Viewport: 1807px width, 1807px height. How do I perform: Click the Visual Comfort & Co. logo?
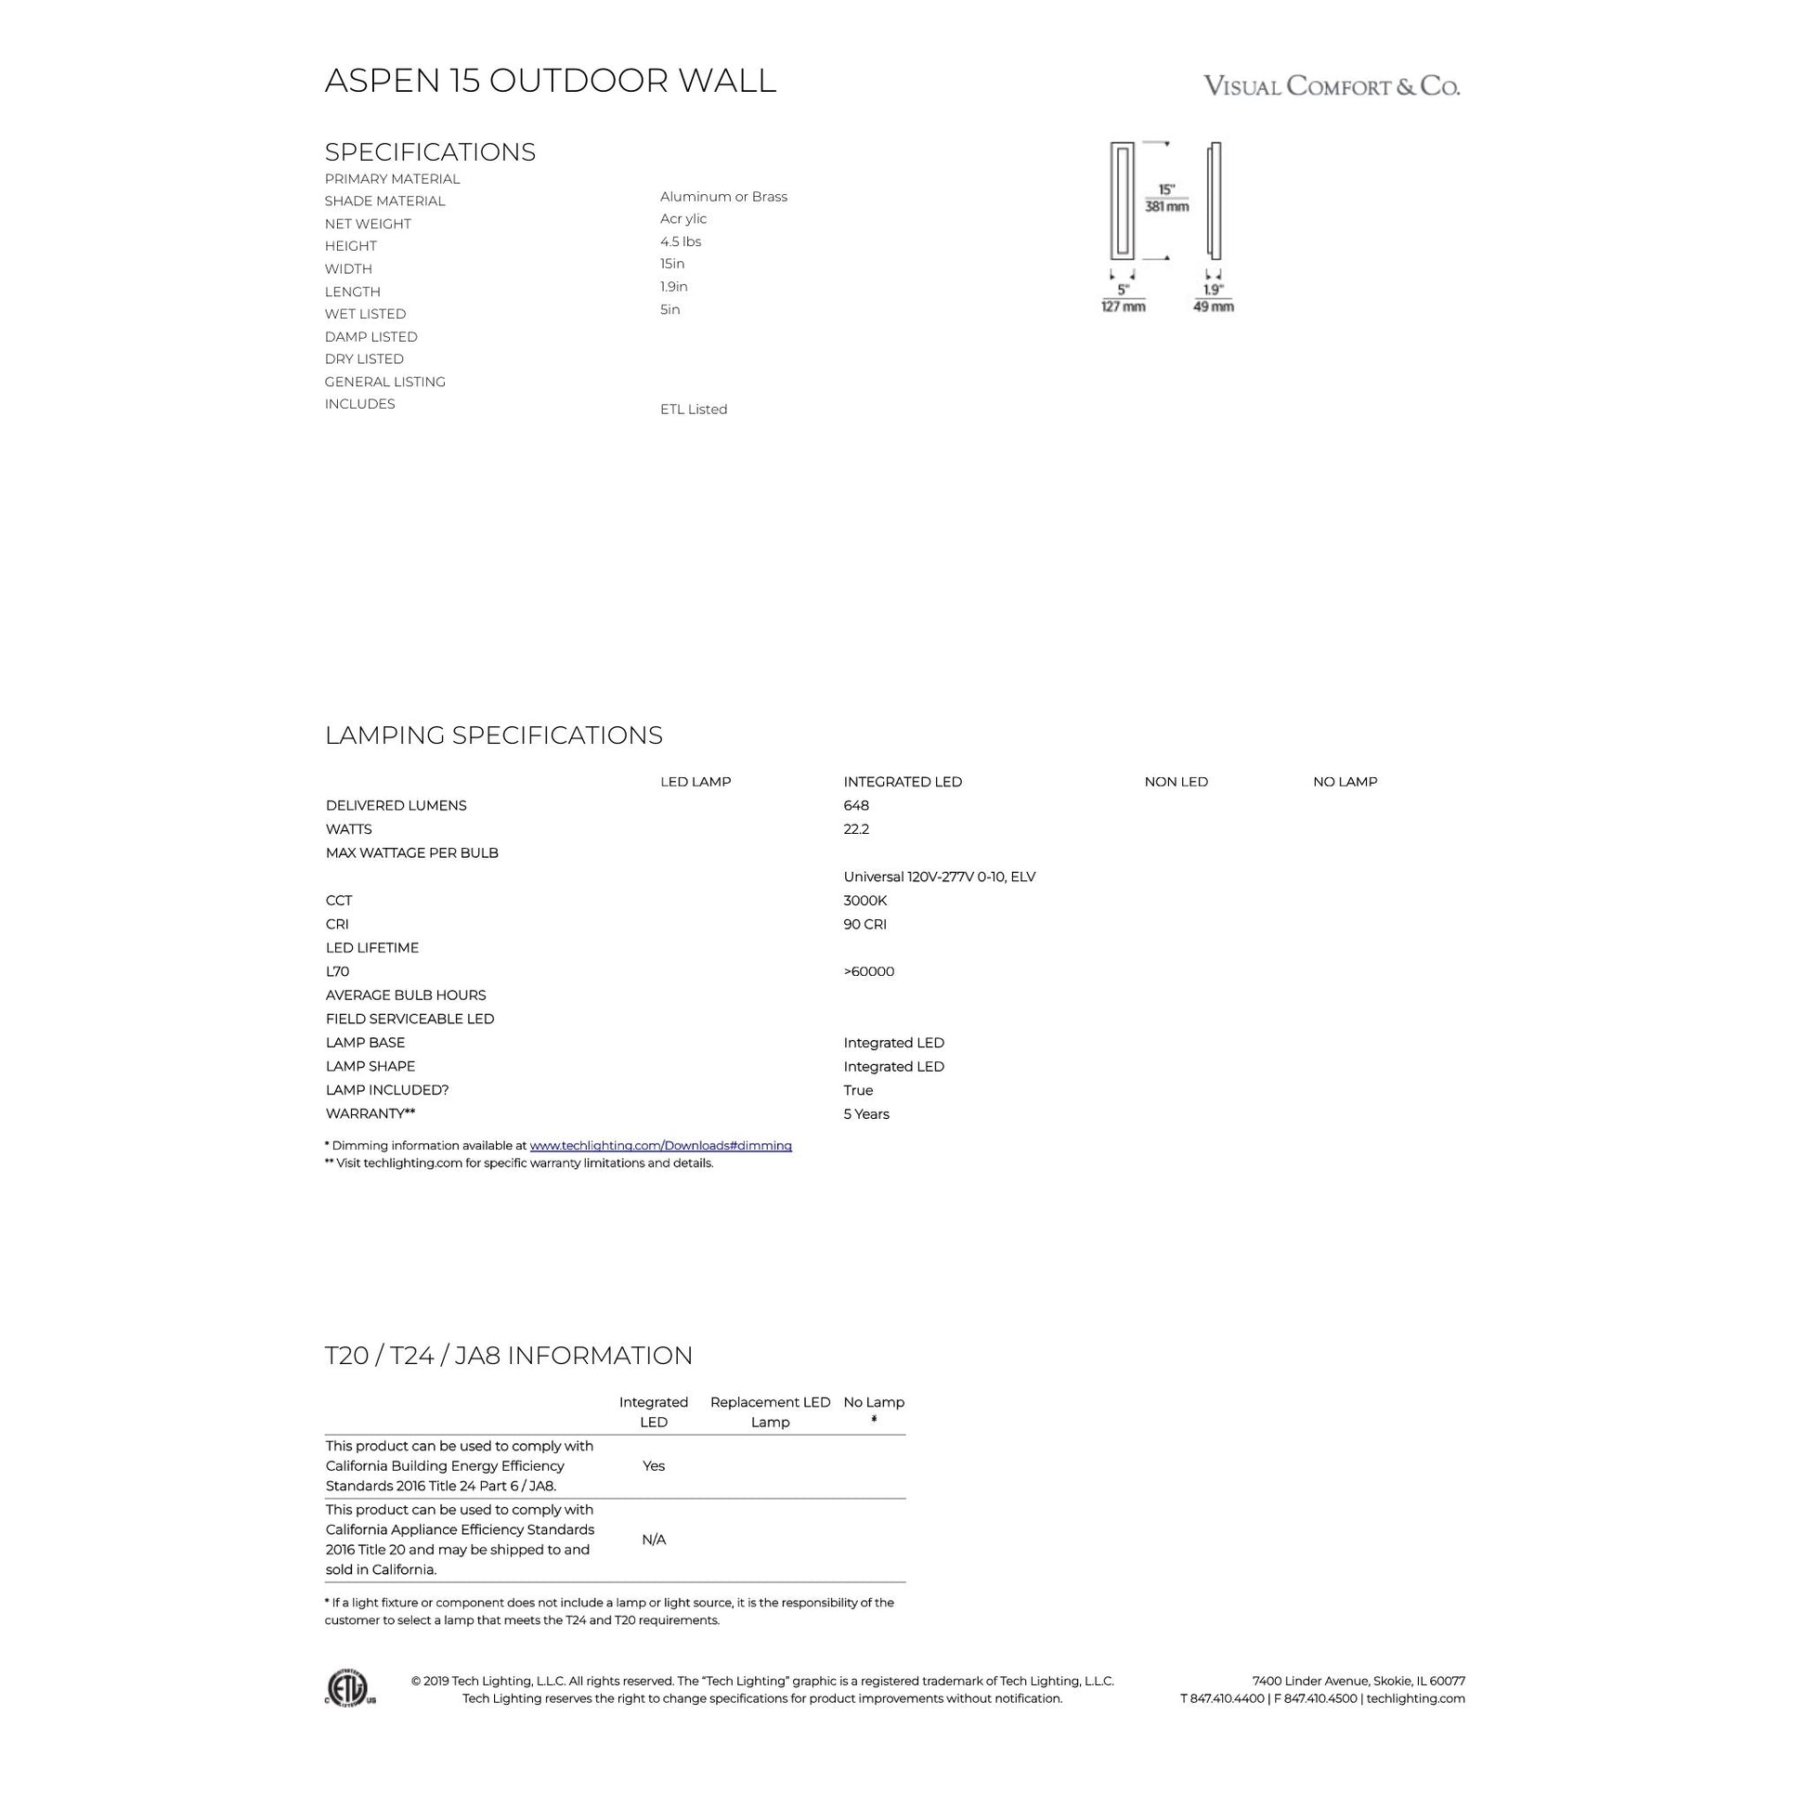(1331, 86)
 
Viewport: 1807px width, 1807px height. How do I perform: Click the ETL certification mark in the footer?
(351, 1688)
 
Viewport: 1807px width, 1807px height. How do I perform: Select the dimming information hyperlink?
(660, 1145)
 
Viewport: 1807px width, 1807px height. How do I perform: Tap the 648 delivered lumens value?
(856, 805)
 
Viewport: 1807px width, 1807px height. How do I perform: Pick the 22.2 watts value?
(856, 828)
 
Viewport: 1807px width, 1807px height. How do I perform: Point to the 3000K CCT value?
(865, 900)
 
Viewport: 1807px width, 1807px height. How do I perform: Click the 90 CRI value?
(865, 924)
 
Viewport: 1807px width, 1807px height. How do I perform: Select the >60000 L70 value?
(869, 971)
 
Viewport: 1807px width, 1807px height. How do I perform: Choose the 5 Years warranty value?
(866, 1114)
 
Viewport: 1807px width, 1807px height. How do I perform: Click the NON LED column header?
(1176, 782)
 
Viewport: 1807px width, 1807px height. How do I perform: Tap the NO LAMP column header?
(1345, 782)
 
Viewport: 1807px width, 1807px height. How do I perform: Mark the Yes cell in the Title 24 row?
(654, 1465)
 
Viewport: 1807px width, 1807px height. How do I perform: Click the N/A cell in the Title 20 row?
(654, 1540)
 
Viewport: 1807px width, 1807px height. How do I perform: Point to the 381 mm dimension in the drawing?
(1167, 207)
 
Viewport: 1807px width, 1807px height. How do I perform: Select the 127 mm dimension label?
(1124, 306)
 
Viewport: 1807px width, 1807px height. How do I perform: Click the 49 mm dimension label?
(1213, 306)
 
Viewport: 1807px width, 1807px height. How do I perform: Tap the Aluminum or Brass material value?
(724, 197)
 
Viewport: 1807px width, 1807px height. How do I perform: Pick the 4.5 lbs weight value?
(681, 241)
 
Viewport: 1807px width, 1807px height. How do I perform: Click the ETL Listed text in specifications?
(694, 409)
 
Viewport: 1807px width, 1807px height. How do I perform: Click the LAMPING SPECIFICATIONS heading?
(494, 735)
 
